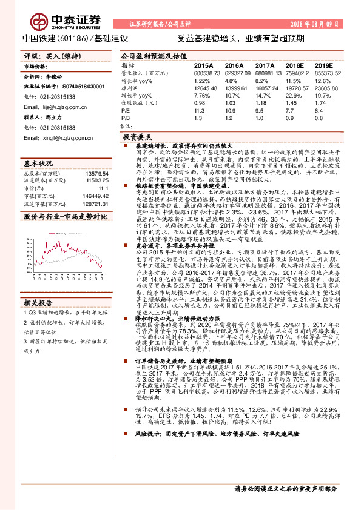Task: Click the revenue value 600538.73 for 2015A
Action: tap(207, 72)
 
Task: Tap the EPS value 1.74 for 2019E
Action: tap(320, 104)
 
